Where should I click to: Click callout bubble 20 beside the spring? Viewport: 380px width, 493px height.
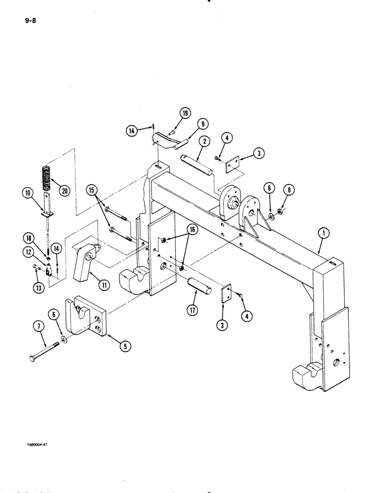click(x=63, y=191)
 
